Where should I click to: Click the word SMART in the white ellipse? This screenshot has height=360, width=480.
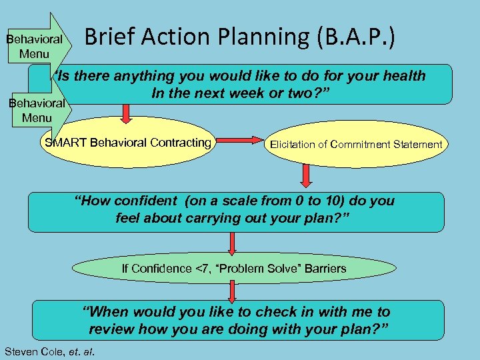point(65,143)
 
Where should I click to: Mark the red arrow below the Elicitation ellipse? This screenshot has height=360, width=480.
point(306,175)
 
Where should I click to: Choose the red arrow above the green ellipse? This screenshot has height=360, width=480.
point(232,243)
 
